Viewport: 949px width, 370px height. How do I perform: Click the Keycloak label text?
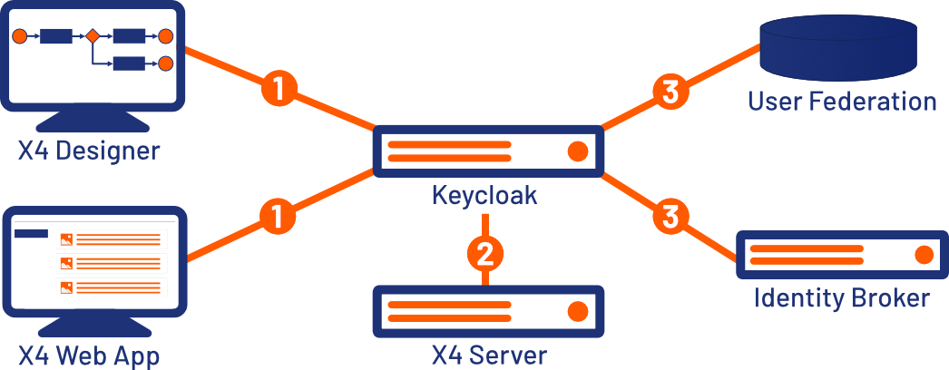click(484, 195)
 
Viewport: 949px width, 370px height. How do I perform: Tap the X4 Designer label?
click(89, 150)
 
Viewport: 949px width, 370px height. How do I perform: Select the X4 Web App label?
click(89, 354)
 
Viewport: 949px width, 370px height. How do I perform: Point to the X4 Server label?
click(489, 354)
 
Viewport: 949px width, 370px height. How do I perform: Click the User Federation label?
click(842, 101)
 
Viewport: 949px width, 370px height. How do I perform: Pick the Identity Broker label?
click(842, 297)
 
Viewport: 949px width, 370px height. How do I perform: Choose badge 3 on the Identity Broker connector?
click(670, 217)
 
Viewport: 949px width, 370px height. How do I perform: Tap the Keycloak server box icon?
click(488, 151)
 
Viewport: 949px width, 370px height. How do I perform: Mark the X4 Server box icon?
click(488, 311)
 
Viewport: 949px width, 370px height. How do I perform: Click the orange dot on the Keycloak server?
click(576, 151)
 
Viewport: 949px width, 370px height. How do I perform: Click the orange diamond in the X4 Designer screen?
click(92, 37)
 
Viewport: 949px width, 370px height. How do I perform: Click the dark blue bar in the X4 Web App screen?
click(32, 234)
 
